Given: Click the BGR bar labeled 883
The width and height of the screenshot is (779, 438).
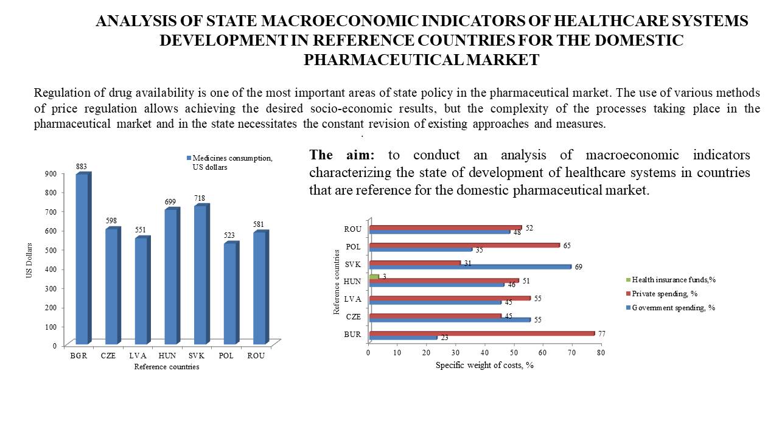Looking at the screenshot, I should point(82,259).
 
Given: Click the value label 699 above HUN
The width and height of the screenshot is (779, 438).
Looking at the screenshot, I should point(171,201).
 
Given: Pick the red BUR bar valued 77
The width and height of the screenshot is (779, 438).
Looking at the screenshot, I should point(481,333).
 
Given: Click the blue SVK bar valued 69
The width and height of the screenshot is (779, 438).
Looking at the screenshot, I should point(470,266).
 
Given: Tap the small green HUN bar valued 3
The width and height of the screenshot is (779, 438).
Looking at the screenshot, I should point(374,277).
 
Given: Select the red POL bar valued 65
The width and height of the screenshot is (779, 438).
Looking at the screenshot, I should point(464,245).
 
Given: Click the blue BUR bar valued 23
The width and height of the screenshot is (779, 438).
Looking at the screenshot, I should point(403,338).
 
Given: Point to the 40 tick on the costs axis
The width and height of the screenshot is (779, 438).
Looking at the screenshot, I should point(485,353).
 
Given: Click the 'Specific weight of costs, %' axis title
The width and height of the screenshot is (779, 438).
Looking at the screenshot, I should point(484,365).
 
